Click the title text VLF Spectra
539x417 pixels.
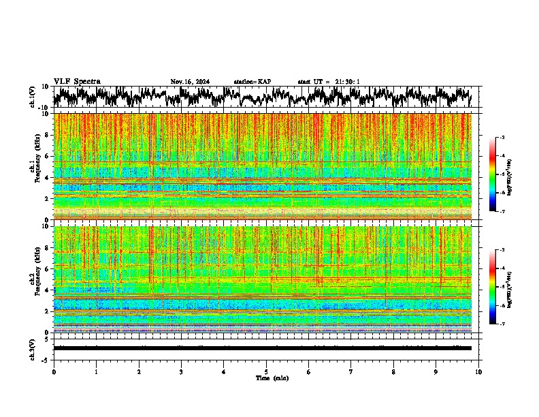[x=77, y=81]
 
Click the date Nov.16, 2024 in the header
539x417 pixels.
[x=190, y=82]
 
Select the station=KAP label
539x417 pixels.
[x=252, y=82]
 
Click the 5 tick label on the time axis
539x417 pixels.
[x=266, y=371]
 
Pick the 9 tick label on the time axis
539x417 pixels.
[x=436, y=371]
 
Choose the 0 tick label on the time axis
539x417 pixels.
[x=54, y=371]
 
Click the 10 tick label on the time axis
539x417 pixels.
[x=478, y=371]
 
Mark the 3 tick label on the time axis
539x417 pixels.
[x=181, y=371]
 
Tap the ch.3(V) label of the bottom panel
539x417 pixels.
[x=33, y=348]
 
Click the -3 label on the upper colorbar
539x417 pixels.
[x=502, y=138]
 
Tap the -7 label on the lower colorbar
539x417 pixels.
[x=502, y=324]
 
